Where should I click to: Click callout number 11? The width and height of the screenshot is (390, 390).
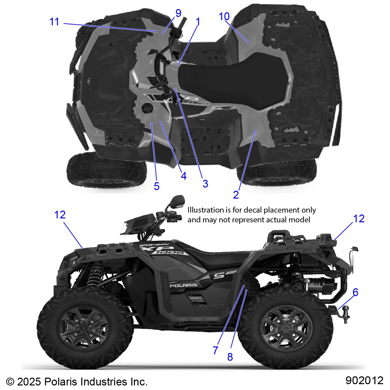tap(54, 22)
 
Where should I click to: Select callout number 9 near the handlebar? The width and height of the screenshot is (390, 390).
tap(178, 13)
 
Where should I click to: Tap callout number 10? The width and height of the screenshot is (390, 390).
tap(224, 17)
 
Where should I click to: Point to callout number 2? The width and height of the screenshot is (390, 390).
tap(236, 194)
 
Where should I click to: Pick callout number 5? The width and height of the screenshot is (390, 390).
tap(157, 186)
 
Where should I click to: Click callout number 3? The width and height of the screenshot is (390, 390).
tap(205, 183)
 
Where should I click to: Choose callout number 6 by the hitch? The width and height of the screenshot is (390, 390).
tap(355, 292)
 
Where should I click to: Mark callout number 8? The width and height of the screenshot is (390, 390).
tap(230, 357)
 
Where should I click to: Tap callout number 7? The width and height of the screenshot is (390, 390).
tap(215, 350)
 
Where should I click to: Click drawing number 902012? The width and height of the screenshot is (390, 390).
tap(364, 380)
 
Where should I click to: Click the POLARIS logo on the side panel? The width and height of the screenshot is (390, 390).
tap(183, 285)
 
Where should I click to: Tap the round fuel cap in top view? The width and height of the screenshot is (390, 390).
tap(147, 108)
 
